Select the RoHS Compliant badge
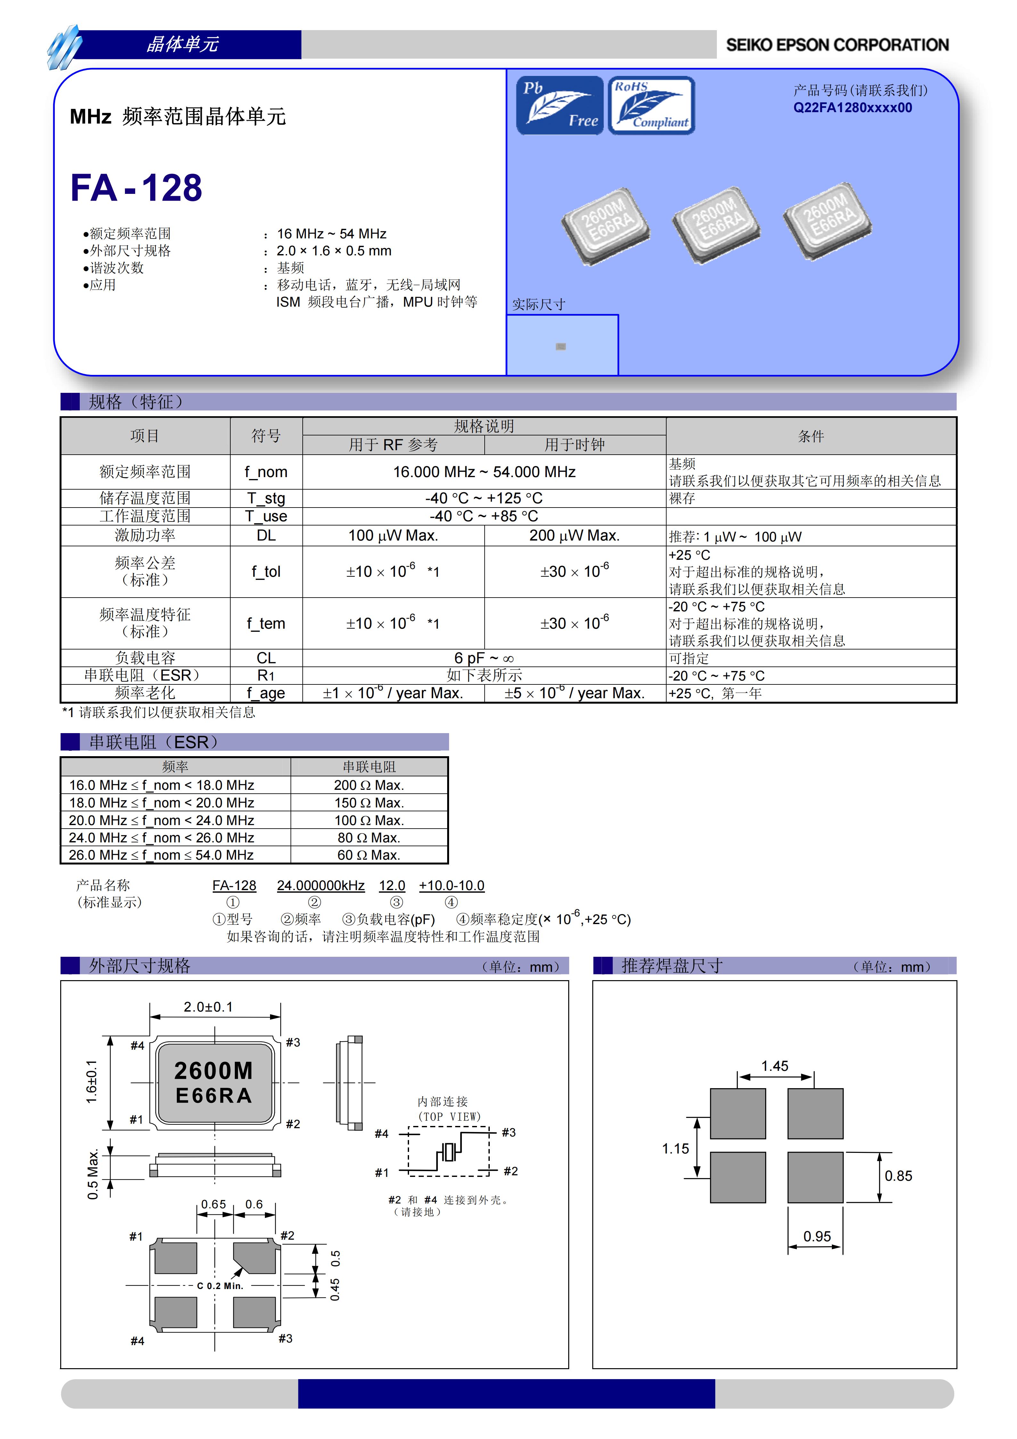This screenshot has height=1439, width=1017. click(x=651, y=105)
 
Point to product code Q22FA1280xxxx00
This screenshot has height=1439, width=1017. click(x=852, y=108)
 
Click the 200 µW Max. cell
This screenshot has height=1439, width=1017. click(x=574, y=535)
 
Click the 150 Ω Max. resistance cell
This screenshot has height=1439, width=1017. click(x=368, y=803)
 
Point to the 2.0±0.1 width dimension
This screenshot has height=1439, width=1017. click(x=208, y=1006)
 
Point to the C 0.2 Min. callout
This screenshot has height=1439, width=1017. click(x=220, y=1286)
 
